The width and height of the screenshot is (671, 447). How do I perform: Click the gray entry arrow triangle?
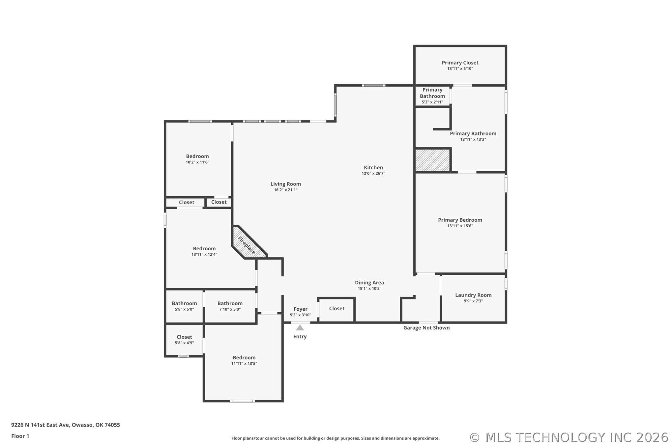(x=300, y=328)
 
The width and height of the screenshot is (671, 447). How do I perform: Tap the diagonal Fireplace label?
(x=247, y=245)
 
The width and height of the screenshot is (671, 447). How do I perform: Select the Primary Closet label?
(x=460, y=63)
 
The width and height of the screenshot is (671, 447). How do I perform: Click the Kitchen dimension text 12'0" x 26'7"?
(x=373, y=173)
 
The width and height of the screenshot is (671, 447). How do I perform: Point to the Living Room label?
(x=286, y=184)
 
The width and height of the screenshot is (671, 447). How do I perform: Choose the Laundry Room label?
(x=473, y=295)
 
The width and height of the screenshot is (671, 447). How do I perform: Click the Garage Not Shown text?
(x=426, y=328)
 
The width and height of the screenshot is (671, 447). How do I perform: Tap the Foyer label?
(x=301, y=309)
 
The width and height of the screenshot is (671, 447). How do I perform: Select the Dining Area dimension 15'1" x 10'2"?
(x=369, y=289)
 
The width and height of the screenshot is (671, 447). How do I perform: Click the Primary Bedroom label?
(x=460, y=220)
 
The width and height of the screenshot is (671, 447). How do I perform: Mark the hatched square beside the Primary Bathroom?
(x=432, y=160)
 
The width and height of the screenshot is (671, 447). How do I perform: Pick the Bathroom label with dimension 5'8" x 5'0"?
(x=184, y=303)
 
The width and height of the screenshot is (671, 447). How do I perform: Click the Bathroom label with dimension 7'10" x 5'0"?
(x=230, y=303)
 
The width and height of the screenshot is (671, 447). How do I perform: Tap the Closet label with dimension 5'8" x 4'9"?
(x=184, y=337)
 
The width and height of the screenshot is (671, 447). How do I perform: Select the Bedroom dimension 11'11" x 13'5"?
(x=244, y=364)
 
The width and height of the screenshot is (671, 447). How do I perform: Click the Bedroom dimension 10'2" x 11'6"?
(x=197, y=162)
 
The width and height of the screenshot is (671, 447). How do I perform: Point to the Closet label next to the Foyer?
(x=337, y=309)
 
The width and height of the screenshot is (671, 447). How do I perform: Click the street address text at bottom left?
(x=66, y=425)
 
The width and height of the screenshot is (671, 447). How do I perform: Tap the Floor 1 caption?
(x=20, y=436)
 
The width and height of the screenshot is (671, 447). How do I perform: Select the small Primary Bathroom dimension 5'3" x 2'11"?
(x=432, y=102)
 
